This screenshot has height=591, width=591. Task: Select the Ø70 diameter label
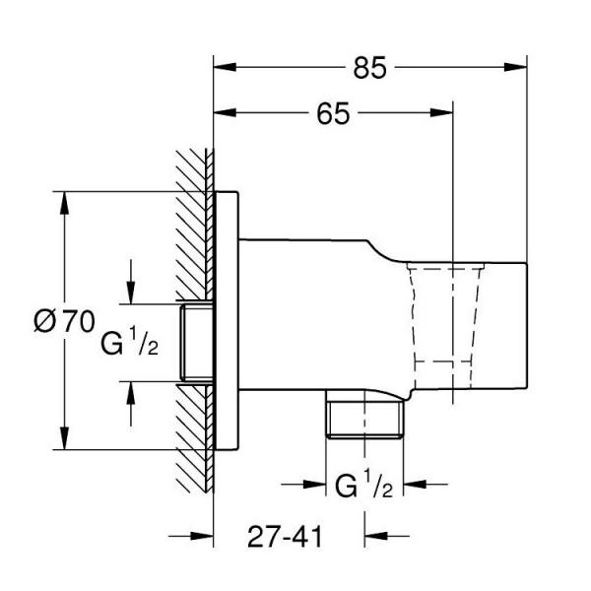pos(63,320)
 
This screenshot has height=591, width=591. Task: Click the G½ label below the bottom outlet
pos(364,485)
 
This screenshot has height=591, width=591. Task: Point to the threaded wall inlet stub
pos(196,344)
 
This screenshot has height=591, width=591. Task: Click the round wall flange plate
pos(227,320)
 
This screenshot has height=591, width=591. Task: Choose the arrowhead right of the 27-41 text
pos(375,536)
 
